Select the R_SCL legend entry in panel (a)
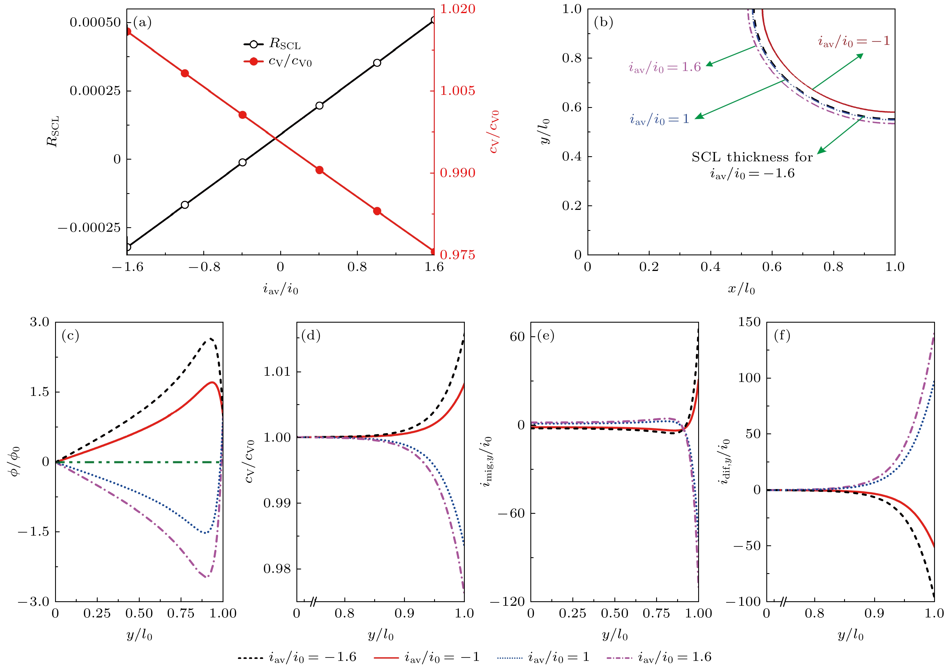tap(272, 44)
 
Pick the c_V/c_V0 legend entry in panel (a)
tap(278, 62)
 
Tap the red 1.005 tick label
tap(457, 91)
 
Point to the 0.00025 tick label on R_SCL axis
tap(95, 91)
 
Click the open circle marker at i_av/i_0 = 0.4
tap(319, 106)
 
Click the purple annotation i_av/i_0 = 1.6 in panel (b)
tap(664, 67)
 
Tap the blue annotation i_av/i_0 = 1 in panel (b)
tap(660, 119)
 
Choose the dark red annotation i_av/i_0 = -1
tap(853, 41)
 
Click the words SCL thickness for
tap(752, 157)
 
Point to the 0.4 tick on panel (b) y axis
tap(572, 156)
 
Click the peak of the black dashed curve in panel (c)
tap(211, 339)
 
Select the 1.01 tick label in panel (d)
tap(277, 371)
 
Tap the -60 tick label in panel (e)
tap(511, 513)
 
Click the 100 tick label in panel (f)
tap(749, 377)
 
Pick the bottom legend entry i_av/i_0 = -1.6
tap(297, 657)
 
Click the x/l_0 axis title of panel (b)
tap(741, 289)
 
